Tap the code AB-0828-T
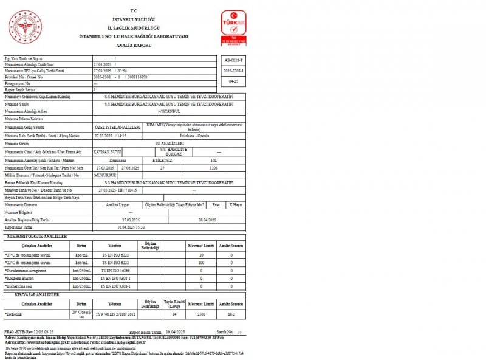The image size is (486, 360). pos(234,61)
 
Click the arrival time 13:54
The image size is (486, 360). pos(123,71)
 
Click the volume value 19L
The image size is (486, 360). pos(213,160)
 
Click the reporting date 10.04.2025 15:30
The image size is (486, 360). pos(132,226)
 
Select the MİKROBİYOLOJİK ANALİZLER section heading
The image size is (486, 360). pos(36,236)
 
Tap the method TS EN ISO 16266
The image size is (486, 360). pos(115,270)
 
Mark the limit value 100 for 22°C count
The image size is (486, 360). pos(201,262)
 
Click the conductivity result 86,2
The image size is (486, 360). pos(231,313)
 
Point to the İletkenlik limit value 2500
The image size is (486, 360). pos(201,313)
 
